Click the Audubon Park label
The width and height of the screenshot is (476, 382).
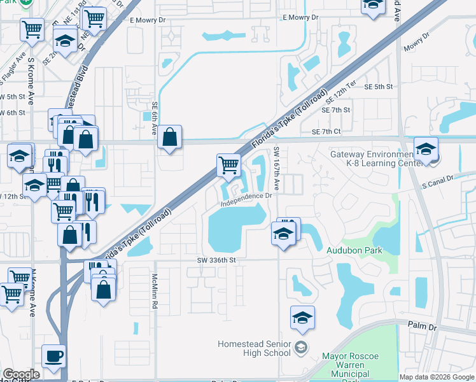(354, 250)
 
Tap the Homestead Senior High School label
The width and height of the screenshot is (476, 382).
(254, 348)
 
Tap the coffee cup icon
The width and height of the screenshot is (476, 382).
(54, 355)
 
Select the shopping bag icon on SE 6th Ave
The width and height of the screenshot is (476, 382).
(170, 137)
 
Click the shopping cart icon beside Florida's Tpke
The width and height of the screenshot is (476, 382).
(228, 165)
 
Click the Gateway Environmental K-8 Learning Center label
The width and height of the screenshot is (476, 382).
(375, 159)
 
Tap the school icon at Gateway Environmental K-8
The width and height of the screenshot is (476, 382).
(426, 149)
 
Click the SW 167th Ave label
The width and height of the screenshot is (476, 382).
(277, 169)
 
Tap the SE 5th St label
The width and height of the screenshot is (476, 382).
(380, 87)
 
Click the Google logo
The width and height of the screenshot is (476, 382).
(22, 374)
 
